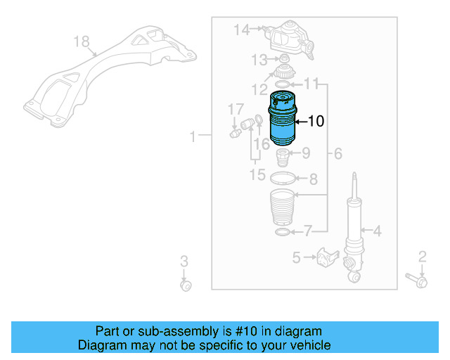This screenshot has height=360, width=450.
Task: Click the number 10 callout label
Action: click(x=316, y=122)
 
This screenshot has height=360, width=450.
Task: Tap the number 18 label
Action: click(x=82, y=41)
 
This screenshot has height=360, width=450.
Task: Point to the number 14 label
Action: click(x=241, y=30)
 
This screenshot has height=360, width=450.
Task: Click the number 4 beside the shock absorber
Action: click(x=377, y=230)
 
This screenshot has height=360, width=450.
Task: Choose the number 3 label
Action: click(x=183, y=262)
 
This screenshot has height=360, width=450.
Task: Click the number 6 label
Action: click(x=337, y=153)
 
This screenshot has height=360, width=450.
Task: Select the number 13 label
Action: click(x=259, y=60)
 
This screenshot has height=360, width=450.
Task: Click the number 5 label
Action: click(x=296, y=257)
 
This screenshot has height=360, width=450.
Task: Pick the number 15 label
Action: click(x=257, y=174)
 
